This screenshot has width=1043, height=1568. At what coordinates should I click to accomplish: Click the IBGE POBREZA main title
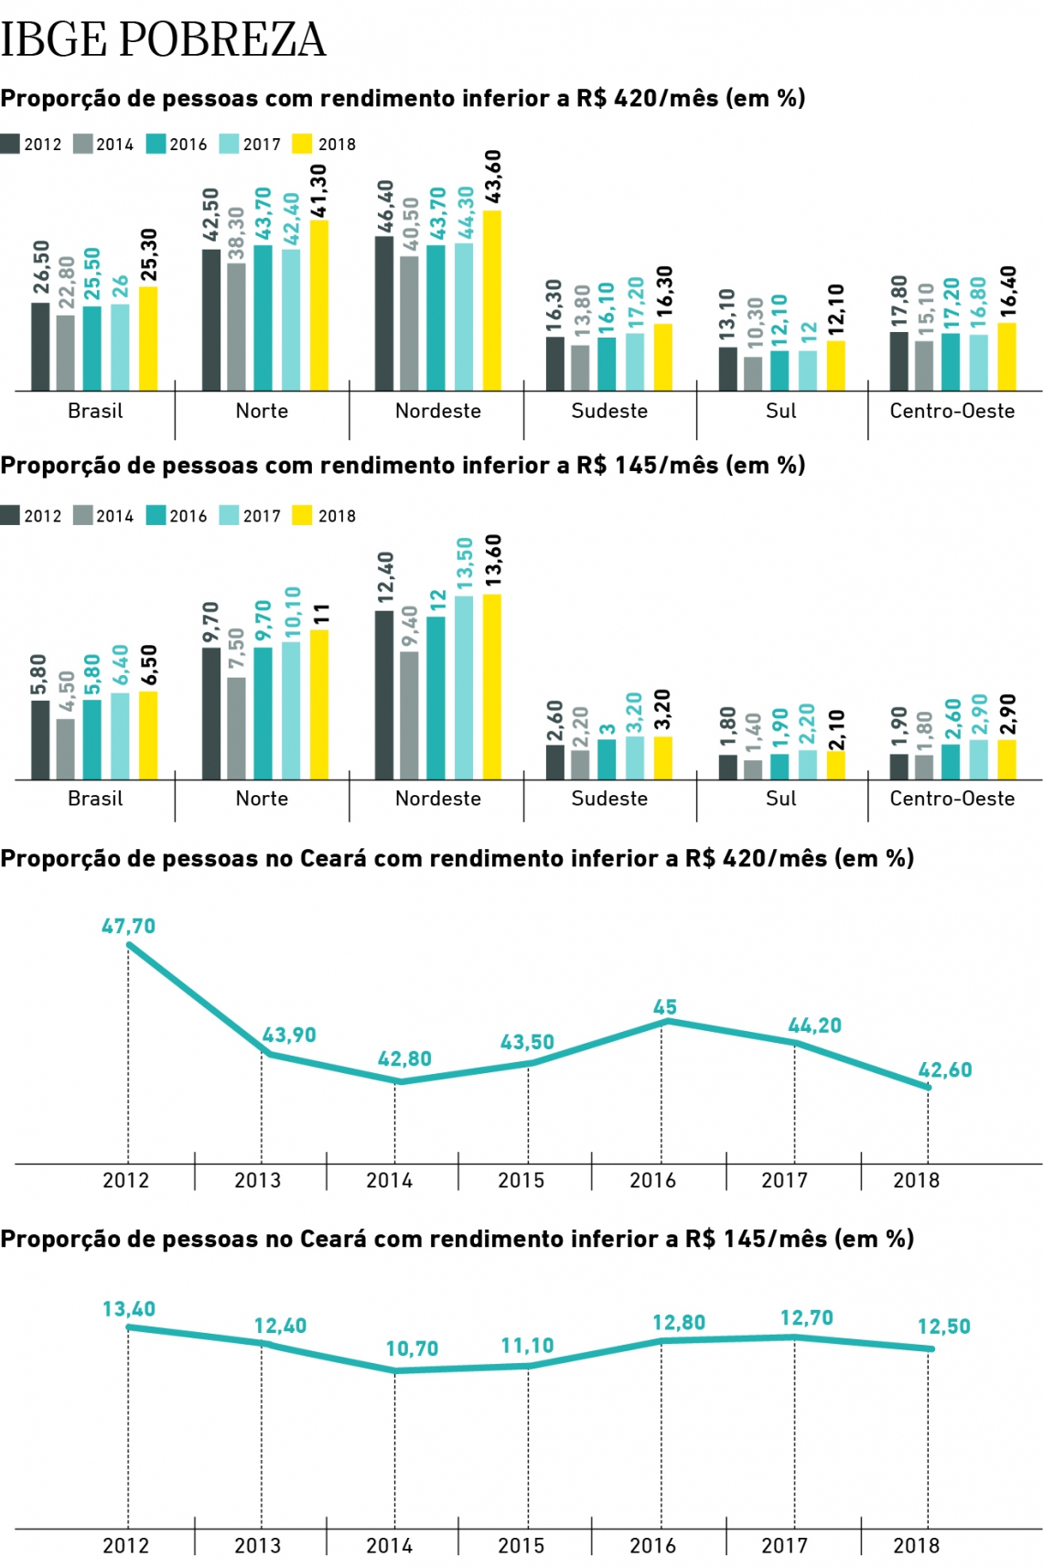pos(163,39)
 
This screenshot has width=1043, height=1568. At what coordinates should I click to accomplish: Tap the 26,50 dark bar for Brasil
pos(40,347)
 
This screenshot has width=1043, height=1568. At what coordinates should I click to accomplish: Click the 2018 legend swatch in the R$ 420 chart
pos(302,144)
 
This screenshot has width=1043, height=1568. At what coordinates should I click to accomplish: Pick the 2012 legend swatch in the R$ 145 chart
pos(10,515)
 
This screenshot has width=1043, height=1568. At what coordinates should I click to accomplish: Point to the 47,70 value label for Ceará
pos(128,926)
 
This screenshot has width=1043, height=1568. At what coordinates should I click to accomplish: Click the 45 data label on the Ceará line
pos(665,1007)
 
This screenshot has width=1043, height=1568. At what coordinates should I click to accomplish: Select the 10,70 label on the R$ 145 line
pos(412,1348)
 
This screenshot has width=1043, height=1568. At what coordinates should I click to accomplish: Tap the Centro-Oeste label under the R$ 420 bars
pos(952,411)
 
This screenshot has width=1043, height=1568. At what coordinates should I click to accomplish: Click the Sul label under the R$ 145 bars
pos(781,799)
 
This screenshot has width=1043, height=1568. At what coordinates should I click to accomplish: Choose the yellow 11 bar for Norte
pos(319,704)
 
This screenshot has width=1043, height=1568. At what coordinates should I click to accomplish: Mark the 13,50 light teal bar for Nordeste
pos(464,688)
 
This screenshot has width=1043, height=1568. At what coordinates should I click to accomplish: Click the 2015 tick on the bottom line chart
pos(521,1545)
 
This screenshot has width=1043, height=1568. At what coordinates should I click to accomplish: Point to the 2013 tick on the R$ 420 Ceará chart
pos(258,1180)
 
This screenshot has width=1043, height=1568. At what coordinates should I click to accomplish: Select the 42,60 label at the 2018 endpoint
pos(945,1069)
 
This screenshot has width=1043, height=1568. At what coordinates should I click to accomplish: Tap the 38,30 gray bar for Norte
pos(236,327)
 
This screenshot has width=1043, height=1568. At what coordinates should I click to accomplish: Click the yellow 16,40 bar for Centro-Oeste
pos(1006,357)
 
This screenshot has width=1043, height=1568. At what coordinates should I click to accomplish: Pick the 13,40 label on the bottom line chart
pos(129,1309)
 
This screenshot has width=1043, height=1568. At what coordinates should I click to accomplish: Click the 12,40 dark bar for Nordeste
pos(384,695)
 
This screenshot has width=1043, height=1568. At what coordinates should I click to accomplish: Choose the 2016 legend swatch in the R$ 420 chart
pos(156,144)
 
